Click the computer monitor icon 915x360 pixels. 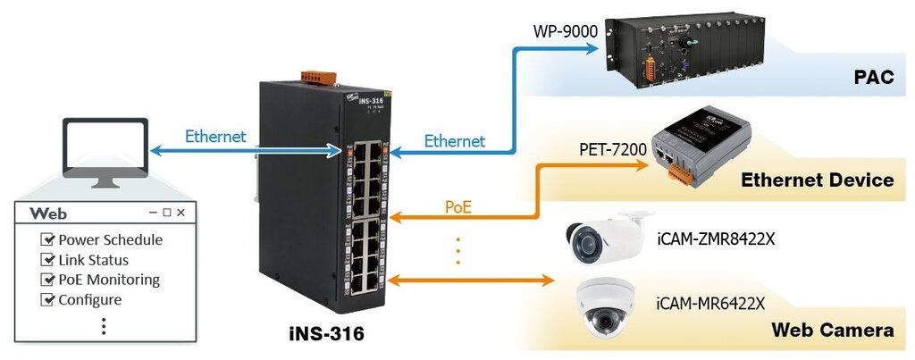click(x=105, y=149)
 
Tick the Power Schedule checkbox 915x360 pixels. click(x=48, y=240)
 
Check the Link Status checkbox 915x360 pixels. click(x=48, y=260)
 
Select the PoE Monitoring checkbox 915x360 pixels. click(x=48, y=280)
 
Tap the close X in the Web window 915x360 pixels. click(x=180, y=213)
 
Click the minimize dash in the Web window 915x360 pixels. click(x=154, y=213)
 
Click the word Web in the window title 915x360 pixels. click(x=48, y=214)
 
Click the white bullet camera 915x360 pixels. click(x=604, y=234)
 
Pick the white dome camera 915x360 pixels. click(x=607, y=305)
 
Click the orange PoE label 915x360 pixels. click(x=457, y=207)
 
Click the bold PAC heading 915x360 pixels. click(x=873, y=79)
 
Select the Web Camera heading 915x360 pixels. click(x=834, y=331)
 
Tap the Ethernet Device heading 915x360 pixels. click(x=817, y=180)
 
